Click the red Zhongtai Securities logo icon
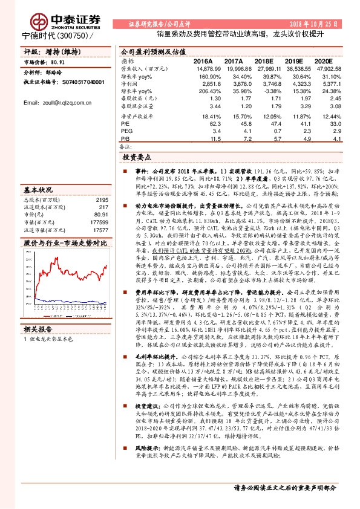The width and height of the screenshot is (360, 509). (x=41, y=22)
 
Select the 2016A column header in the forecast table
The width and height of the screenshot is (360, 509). (x=202, y=62)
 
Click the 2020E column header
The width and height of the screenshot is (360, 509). (x=324, y=62)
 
